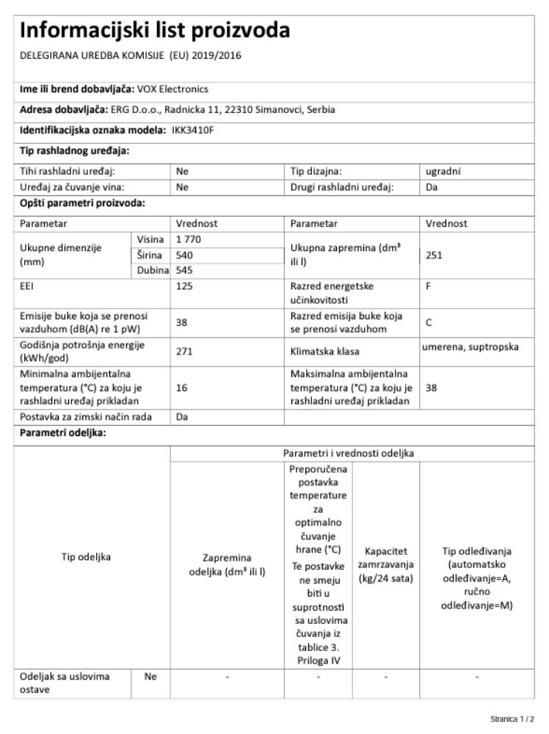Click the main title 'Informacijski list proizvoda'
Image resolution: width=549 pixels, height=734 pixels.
(155, 31)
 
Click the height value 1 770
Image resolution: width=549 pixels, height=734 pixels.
(189, 240)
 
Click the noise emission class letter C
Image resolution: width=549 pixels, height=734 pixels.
(429, 320)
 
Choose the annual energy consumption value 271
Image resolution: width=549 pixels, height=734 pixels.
(184, 352)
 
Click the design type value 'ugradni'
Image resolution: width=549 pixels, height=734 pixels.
(443, 172)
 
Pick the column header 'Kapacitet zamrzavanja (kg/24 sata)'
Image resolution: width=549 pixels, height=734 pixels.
(385, 566)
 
